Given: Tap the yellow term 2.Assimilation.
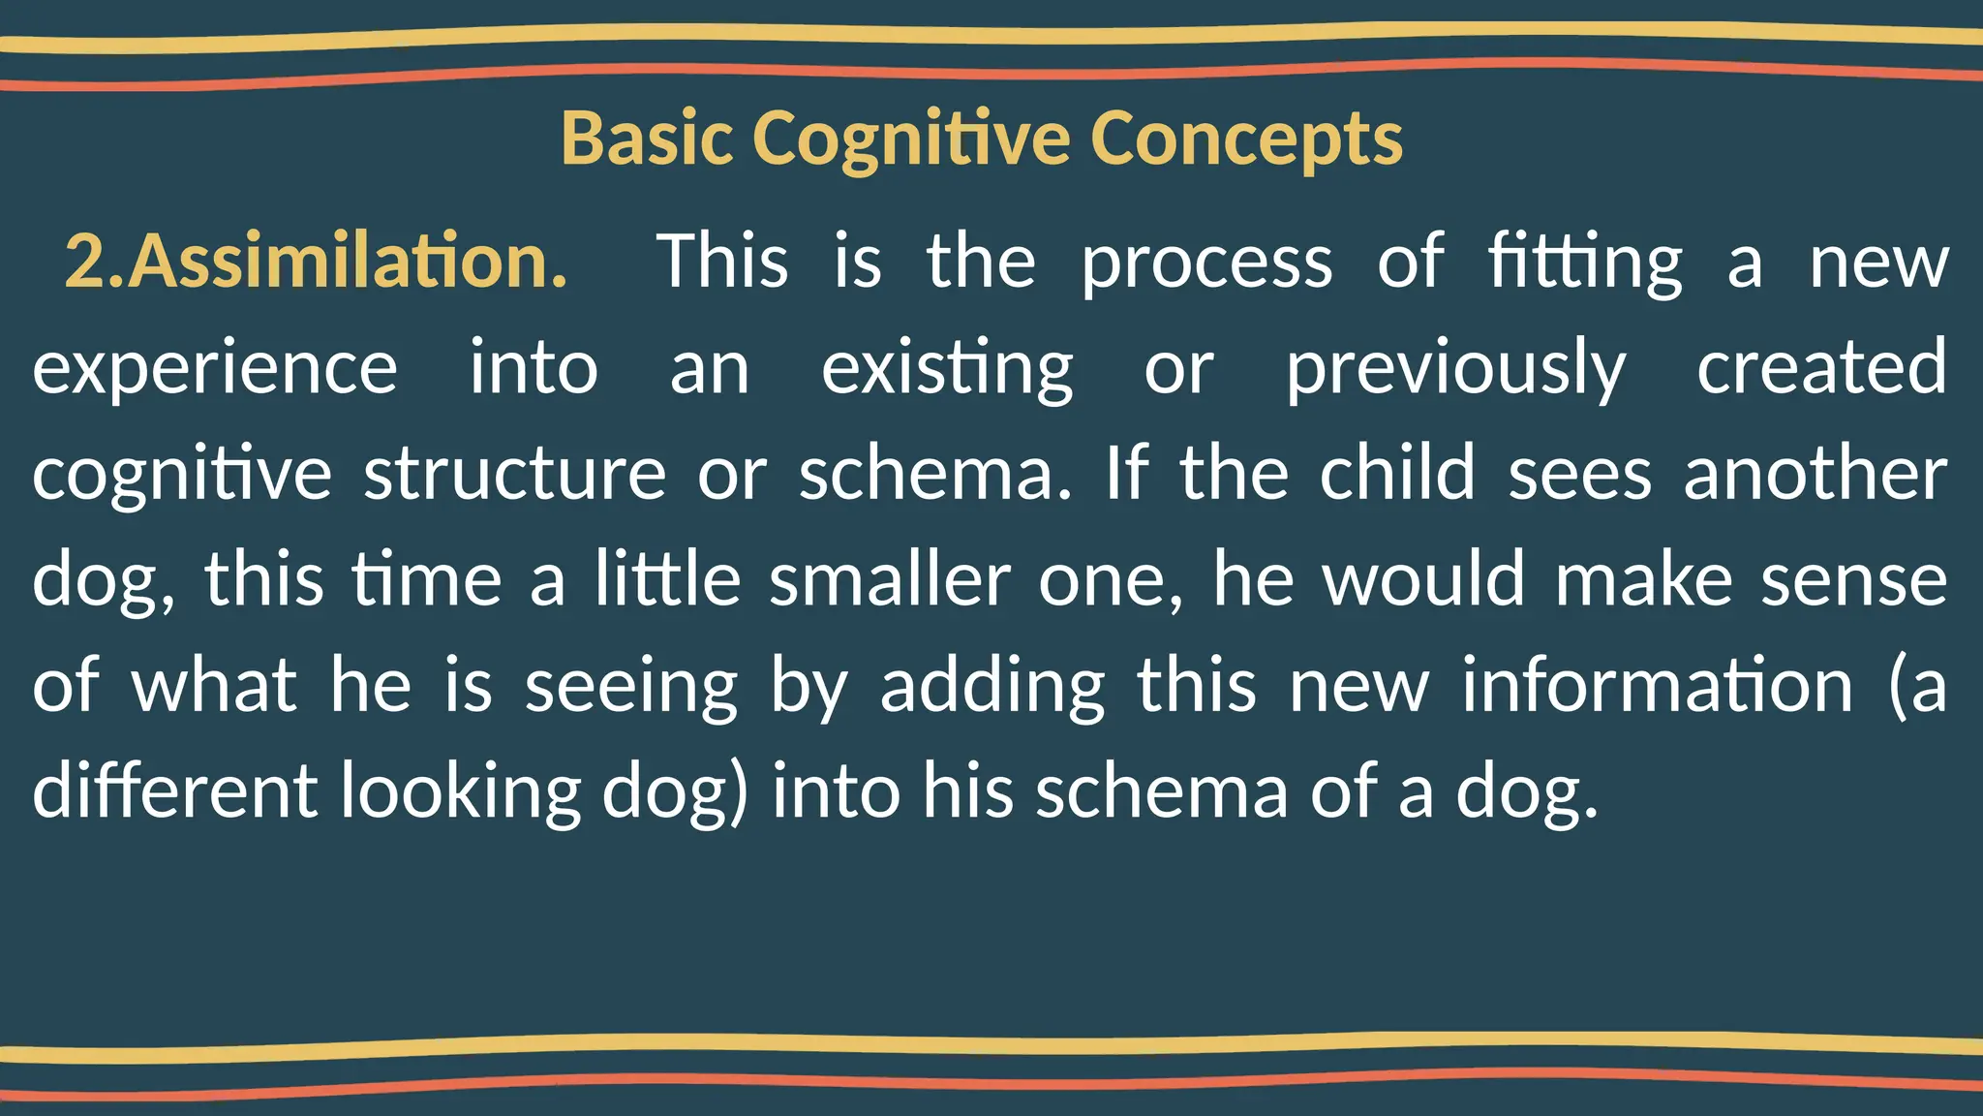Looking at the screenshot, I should tap(316, 262).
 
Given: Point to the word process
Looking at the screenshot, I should tap(1206, 263).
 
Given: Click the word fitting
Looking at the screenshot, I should tap(1585, 263).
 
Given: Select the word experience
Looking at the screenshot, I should tap(215, 369).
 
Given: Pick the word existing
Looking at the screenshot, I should tap(947, 369).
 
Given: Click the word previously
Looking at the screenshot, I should tap(1455, 369).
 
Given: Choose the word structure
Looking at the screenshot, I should tap(514, 474).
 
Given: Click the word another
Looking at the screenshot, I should tap(1815, 474).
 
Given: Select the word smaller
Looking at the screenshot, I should tap(890, 579).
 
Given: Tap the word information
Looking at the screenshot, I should tap(1657, 685).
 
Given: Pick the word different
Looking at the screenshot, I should tap(174, 790).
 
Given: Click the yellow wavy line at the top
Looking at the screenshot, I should tap(991, 37).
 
